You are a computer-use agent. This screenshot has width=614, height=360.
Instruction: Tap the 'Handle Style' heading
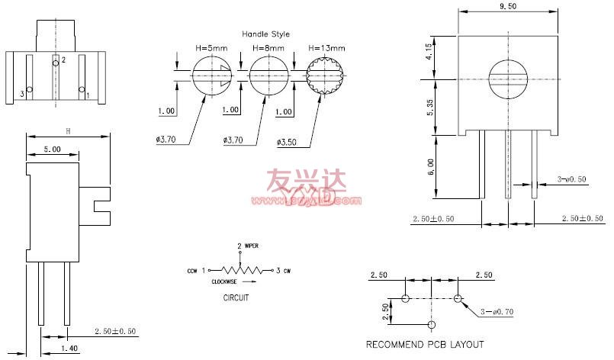[x=266, y=34]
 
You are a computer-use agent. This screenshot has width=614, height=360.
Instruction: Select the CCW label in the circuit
[x=192, y=271]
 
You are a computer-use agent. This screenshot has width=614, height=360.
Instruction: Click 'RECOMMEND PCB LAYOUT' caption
[x=425, y=345]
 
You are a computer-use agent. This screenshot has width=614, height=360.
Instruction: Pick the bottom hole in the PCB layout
[x=432, y=325]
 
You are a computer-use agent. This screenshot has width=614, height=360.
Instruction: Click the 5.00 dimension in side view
[x=52, y=149]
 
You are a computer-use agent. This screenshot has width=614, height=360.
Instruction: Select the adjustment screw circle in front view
[x=506, y=79]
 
